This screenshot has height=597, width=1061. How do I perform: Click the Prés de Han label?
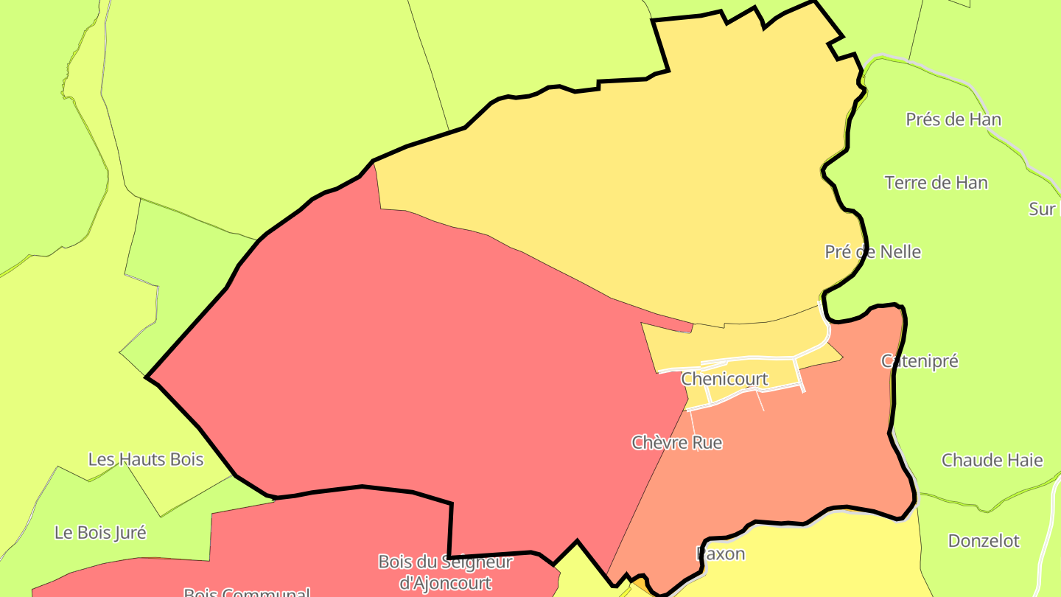click(x=953, y=119)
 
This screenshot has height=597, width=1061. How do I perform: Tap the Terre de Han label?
click(x=936, y=183)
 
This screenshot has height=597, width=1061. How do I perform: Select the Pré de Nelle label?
click(x=872, y=252)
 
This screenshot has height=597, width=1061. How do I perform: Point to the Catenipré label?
click(x=920, y=361)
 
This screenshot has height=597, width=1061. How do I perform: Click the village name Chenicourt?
click(x=724, y=379)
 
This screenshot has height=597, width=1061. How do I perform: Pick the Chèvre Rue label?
click(x=676, y=443)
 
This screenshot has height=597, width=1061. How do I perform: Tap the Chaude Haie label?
click(x=992, y=461)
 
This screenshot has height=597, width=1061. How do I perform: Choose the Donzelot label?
click(x=984, y=541)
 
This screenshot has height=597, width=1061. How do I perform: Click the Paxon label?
click(x=721, y=554)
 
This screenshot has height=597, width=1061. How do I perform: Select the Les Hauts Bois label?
click(x=146, y=460)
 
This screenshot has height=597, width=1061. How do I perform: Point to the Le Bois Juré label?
click(x=100, y=532)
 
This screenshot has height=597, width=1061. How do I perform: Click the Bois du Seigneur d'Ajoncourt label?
click(x=445, y=572)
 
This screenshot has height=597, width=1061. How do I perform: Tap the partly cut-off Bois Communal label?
click(x=246, y=592)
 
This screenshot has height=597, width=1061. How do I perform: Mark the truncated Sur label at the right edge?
click(x=1043, y=209)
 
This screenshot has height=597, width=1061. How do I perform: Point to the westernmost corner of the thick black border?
click(x=147, y=377)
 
